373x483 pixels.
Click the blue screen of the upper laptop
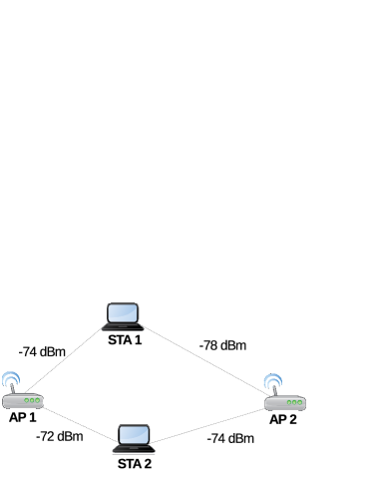(123, 312)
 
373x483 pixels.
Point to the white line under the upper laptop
(123, 333)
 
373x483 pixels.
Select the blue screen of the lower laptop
(134, 435)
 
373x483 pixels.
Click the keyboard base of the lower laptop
(134, 449)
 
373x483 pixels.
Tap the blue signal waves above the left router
(11, 377)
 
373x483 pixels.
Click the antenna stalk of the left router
(12, 388)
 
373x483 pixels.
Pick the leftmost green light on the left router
(26, 401)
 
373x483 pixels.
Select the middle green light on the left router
(32, 401)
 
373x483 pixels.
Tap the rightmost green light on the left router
(38, 401)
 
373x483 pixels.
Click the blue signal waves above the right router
(272, 379)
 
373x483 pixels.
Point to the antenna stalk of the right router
(274, 390)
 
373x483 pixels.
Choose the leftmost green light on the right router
(288, 403)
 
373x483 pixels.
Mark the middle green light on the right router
(294, 403)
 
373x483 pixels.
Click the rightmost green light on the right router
(299, 403)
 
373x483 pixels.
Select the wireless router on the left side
(22, 400)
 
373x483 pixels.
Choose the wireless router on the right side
(284, 402)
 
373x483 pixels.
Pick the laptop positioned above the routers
(123, 317)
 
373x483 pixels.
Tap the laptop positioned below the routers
(134, 440)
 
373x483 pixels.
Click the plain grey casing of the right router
(274, 404)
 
